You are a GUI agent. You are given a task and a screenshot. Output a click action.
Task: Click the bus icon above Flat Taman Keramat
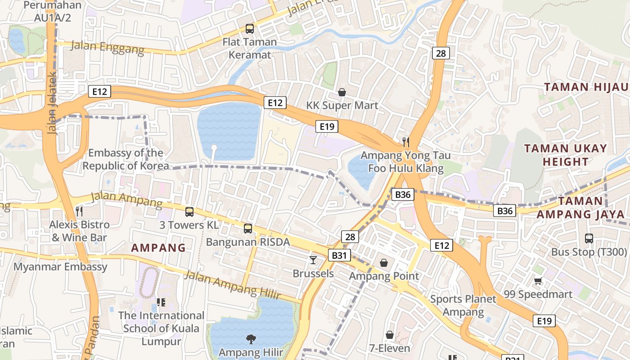pyautogui.click(x=249, y=29)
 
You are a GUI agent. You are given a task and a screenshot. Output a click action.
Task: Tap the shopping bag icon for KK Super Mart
pyautogui.click(x=342, y=92)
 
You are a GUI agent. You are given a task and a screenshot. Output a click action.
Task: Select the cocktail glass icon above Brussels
pyautogui.click(x=313, y=260)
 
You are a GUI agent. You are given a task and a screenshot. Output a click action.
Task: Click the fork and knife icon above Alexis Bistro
pyautogui.click(x=79, y=211)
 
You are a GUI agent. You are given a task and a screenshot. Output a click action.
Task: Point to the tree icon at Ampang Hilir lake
pyautogui.click(x=251, y=338)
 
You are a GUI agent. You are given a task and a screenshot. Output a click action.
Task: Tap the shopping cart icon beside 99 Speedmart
pyautogui.click(x=538, y=281)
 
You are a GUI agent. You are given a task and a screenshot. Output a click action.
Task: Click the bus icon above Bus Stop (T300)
pyautogui.click(x=589, y=238)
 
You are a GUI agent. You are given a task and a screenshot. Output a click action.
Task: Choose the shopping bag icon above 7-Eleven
pyautogui.click(x=390, y=335)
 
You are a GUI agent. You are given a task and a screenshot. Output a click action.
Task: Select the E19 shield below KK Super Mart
pyautogui.click(x=327, y=126)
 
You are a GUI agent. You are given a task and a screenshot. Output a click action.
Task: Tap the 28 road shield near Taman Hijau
pyautogui.click(x=441, y=53)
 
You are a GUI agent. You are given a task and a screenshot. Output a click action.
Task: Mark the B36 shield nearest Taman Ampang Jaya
pyautogui.click(x=504, y=211)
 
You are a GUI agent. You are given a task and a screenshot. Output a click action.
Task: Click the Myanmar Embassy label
pyautogui.click(x=60, y=267)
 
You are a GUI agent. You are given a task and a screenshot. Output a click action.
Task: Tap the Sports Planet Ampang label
pyautogui.click(x=463, y=305)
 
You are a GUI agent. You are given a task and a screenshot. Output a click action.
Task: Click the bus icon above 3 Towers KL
pyautogui.click(x=189, y=211)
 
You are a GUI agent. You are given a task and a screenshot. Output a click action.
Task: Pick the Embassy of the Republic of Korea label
pyautogui.click(x=126, y=159)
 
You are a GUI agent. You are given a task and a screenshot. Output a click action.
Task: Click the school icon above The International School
pyautogui.click(x=161, y=302)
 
